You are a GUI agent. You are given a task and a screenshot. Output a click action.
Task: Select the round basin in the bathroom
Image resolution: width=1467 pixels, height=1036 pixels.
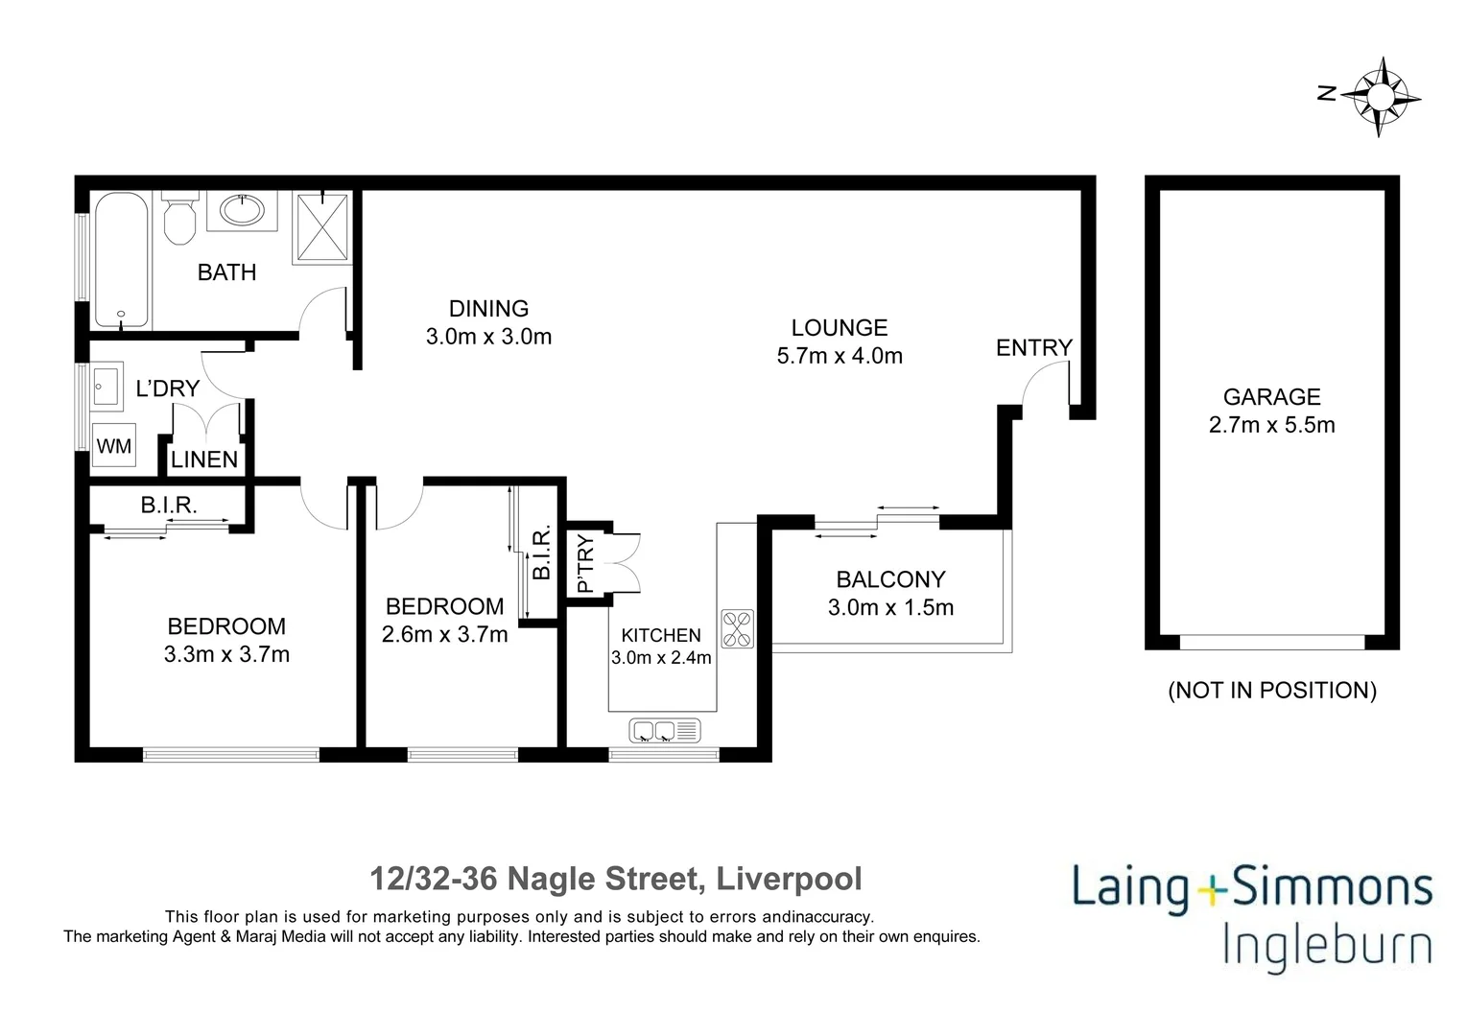[x=243, y=210]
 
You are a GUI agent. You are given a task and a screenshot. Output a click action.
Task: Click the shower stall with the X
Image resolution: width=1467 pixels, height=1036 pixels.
[x=322, y=226]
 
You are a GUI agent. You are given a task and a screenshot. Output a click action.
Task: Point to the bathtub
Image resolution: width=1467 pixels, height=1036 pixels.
[x=121, y=259]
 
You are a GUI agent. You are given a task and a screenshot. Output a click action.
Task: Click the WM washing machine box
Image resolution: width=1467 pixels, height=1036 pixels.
[x=114, y=445]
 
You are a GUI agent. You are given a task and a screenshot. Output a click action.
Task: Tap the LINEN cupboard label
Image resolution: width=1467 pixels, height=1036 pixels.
[x=204, y=459]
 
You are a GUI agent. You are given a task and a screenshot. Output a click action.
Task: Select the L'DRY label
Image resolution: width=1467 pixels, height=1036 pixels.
[x=168, y=388]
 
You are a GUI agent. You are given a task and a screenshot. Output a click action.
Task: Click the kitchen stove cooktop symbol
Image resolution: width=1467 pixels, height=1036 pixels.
[x=738, y=628]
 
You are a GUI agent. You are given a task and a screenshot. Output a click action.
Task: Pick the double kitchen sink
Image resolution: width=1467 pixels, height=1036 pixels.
[x=665, y=730]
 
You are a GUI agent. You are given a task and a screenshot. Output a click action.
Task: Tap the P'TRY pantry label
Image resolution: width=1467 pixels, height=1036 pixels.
[x=586, y=564]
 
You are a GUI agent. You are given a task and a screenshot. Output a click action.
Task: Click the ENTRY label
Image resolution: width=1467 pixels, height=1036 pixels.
[x=1034, y=348]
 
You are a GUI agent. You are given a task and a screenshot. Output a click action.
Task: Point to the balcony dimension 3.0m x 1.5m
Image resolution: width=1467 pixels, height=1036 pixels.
[x=890, y=608]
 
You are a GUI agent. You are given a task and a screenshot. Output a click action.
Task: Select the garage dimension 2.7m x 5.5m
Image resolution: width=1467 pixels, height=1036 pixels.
[x=1272, y=425]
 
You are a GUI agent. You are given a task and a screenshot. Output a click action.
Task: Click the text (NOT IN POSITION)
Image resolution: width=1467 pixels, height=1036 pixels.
[x=1272, y=691]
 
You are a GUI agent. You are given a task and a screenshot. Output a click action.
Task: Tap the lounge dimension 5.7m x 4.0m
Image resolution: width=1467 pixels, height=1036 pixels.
[x=840, y=356]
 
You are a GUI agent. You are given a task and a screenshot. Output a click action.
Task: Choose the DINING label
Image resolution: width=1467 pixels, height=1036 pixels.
[x=488, y=309]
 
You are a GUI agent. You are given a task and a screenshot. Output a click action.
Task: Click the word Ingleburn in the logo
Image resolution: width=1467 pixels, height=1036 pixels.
[x=1328, y=949]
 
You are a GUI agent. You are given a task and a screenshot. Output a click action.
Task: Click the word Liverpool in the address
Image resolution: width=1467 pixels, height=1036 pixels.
[x=790, y=879]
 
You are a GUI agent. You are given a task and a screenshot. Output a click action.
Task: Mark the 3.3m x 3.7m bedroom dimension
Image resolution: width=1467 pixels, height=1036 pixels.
[x=226, y=654]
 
